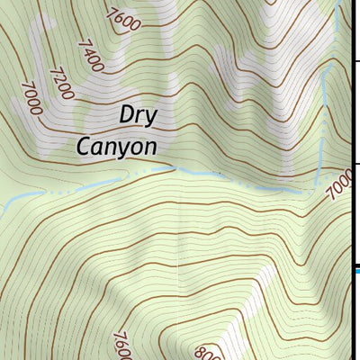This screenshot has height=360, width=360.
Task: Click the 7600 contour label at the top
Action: point(123,17)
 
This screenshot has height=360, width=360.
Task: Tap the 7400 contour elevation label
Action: point(91,55)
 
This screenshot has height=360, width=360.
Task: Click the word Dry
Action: point(139,116)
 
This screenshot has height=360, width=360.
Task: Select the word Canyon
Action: point(118,146)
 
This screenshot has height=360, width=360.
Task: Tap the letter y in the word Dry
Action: point(152,119)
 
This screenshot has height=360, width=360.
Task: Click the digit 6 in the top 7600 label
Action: point(121,15)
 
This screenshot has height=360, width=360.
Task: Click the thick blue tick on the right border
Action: point(355,267)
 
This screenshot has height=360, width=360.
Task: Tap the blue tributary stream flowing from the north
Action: point(323,108)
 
